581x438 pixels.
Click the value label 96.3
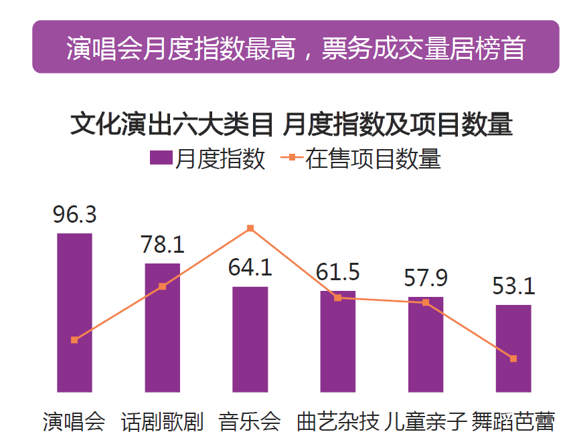75,215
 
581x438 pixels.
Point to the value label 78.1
163,245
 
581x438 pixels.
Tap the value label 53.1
513,286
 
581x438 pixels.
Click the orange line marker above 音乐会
250,228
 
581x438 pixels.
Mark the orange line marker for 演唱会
74,340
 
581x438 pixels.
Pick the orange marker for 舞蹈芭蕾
513,359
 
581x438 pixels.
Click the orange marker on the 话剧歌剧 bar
162,286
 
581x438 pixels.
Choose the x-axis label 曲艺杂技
338,421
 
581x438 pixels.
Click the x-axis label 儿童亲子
426,421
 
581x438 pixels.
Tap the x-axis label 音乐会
250,421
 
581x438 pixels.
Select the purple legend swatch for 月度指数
161,159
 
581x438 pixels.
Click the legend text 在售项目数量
373,159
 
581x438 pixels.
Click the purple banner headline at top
295,48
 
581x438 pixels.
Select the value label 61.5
338,272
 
